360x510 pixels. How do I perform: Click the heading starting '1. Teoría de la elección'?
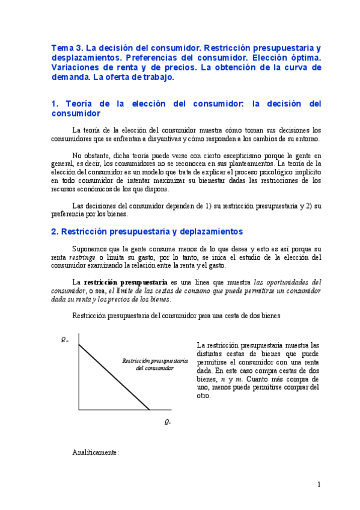[186, 108]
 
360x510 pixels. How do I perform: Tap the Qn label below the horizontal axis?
[167, 422]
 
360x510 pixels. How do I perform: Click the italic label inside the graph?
[154, 364]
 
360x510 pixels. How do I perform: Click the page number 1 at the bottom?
[319, 485]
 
